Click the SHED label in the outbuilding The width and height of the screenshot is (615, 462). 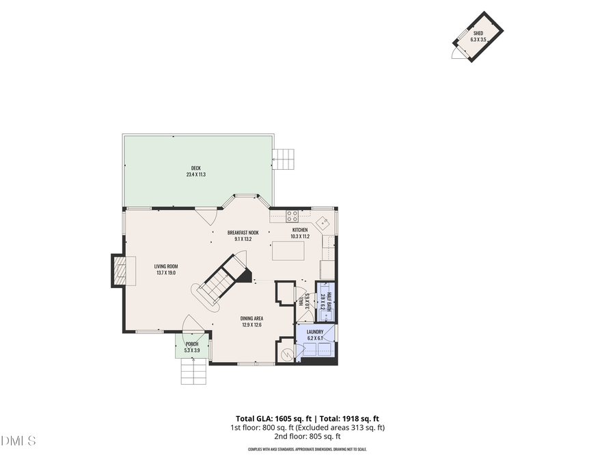[x=478, y=32]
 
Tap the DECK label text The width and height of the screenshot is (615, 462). [x=196, y=168]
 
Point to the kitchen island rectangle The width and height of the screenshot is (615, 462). [x=288, y=251]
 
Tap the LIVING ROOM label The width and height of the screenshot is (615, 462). [x=165, y=266]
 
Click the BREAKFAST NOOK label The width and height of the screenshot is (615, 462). [x=243, y=233]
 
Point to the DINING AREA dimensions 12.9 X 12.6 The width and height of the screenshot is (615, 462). [x=252, y=325]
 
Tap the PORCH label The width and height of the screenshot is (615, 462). [x=192, y=344]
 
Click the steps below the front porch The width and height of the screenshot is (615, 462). [x=193, y=374]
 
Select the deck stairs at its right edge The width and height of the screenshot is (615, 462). [x=284, y=160]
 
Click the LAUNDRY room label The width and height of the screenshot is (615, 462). [x=314, y=332]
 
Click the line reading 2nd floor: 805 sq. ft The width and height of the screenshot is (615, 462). [x=307, y=436]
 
